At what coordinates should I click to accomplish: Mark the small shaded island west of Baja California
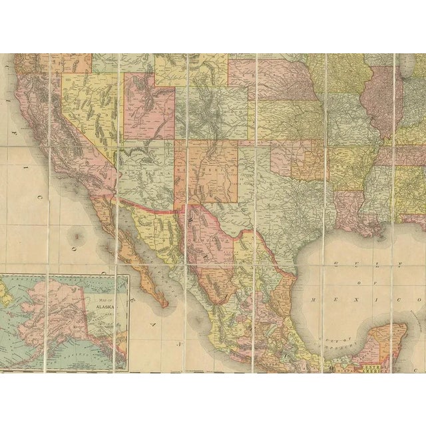point(79,235)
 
